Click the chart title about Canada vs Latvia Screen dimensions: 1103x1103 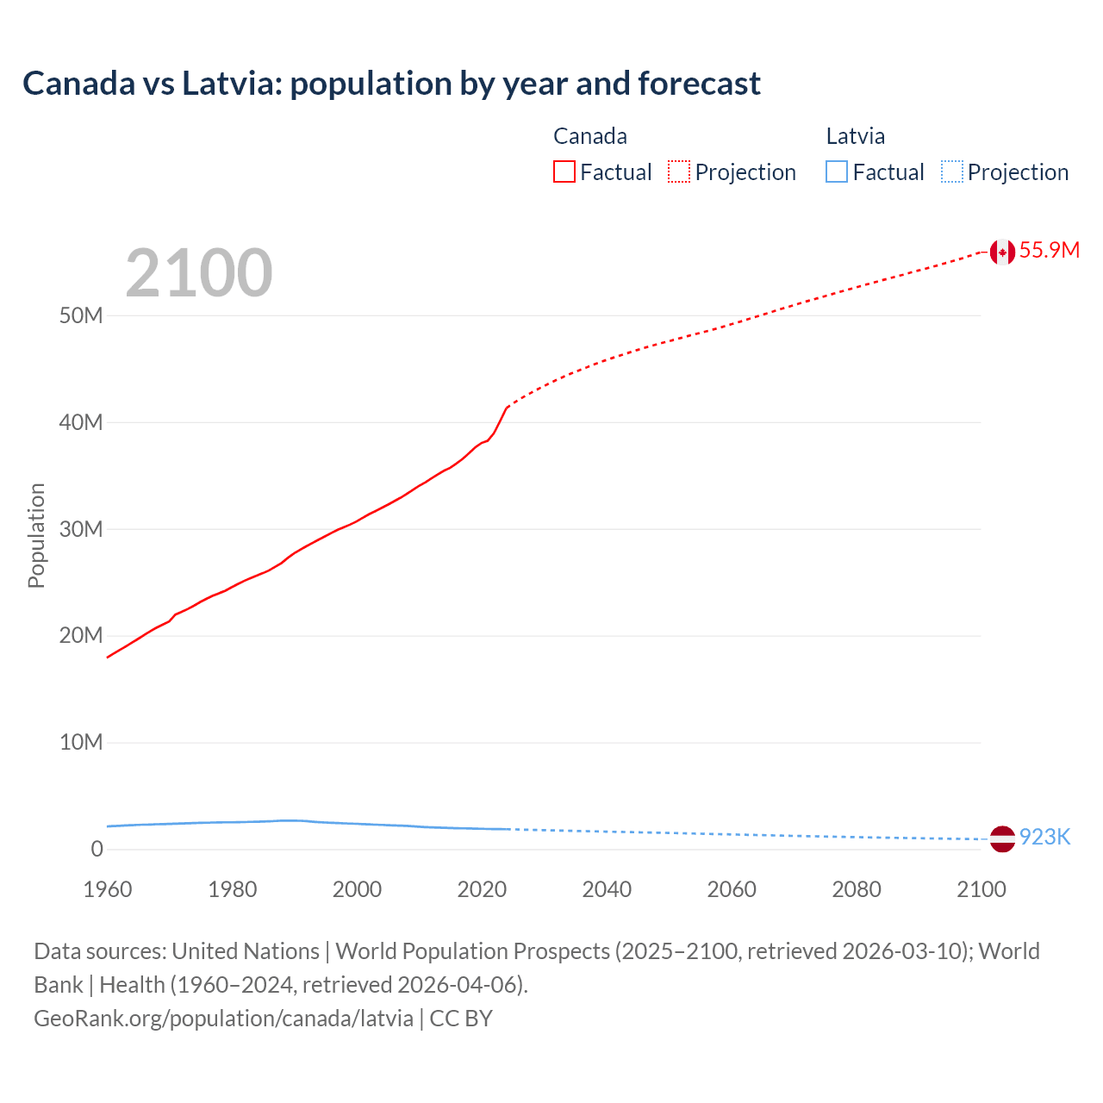(391, 84)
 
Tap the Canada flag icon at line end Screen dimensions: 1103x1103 (1001, 252)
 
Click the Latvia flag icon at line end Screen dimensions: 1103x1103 (1001, 838)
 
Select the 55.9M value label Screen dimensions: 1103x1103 (1049, 251)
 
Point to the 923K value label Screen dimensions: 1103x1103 (1044, 838)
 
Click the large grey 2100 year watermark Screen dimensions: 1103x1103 (199, 274)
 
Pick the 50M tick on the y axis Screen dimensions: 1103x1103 (81, 316)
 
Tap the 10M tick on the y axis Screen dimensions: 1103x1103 (81, 743)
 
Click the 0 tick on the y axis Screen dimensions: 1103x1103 (97, 850)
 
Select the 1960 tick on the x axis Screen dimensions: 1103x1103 (108, 889)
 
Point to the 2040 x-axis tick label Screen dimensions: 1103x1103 (607, 889)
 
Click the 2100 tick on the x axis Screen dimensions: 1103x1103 (981, 889)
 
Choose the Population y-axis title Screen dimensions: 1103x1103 (36, 535)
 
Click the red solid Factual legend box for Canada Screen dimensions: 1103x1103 (564, 172)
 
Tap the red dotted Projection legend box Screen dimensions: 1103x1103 (678, 172)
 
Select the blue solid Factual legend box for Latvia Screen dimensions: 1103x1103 (836, 172)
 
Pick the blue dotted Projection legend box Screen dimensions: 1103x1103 (951, 172)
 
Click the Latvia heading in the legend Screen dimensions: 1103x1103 (855, 136)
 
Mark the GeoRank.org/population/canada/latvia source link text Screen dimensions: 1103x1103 (223, 1019)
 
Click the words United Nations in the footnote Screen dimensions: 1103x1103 (246, 951)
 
